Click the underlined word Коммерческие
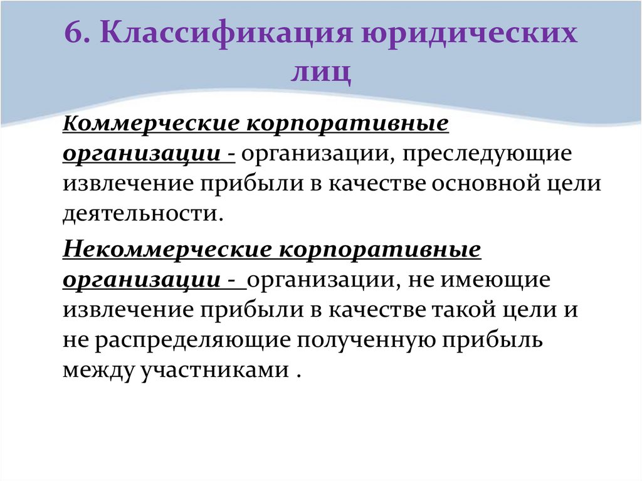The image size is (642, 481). point(148,124)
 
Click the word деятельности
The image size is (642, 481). point(140,214)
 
